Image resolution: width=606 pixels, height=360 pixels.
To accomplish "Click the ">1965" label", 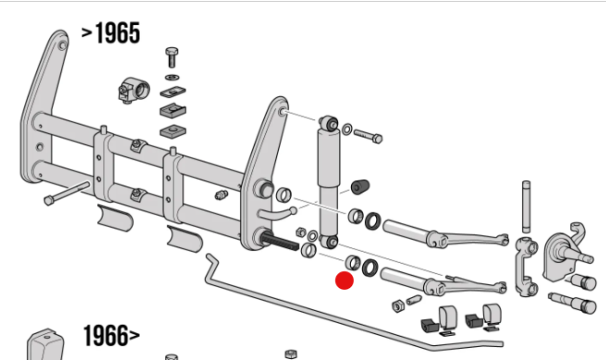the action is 111,33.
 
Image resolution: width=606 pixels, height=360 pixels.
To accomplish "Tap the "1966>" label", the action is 112,335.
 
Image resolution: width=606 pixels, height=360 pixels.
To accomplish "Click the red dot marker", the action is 345,281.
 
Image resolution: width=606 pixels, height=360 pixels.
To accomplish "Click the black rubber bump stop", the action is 360,187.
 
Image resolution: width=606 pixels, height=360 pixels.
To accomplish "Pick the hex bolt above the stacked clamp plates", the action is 172,57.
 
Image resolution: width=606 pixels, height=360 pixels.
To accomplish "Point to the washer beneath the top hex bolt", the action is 172,78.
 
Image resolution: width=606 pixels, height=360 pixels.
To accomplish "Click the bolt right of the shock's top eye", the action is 368,136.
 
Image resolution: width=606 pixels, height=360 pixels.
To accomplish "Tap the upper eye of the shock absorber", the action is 329,123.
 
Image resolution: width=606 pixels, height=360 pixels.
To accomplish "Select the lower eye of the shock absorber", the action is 330,242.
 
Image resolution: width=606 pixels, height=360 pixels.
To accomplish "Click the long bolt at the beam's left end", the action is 67,192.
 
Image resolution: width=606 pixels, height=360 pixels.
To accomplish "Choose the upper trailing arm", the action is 445,234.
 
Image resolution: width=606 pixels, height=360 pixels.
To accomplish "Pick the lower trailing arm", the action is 443,282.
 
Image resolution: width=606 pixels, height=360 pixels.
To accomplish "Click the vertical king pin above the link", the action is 526,207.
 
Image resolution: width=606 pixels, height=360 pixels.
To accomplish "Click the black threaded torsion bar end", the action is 279,242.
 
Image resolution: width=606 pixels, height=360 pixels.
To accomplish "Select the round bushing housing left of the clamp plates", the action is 134,90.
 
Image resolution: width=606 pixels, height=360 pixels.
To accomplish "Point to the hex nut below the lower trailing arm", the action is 398,306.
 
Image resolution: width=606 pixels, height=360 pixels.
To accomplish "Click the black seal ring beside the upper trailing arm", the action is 372,221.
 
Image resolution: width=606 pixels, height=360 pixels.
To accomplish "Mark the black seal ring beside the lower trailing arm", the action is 370,268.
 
